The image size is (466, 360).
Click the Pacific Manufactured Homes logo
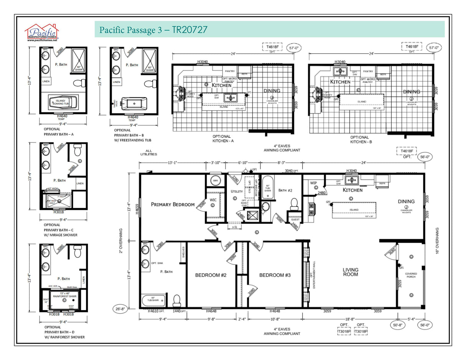click(41, 32)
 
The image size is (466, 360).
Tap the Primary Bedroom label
click(172, 204)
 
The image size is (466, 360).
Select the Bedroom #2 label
click(210, 275)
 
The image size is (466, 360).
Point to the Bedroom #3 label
click(275, 275)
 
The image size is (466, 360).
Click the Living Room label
click(350, 272)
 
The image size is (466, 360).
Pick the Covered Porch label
click(411, 275)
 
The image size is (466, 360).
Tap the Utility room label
click(236, 191)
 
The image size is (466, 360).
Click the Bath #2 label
click(286, 190)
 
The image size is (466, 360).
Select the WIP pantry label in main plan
click(313, 183)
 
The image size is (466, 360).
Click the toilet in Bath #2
click(294, 203)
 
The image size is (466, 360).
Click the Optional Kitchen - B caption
click(359, 140)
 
